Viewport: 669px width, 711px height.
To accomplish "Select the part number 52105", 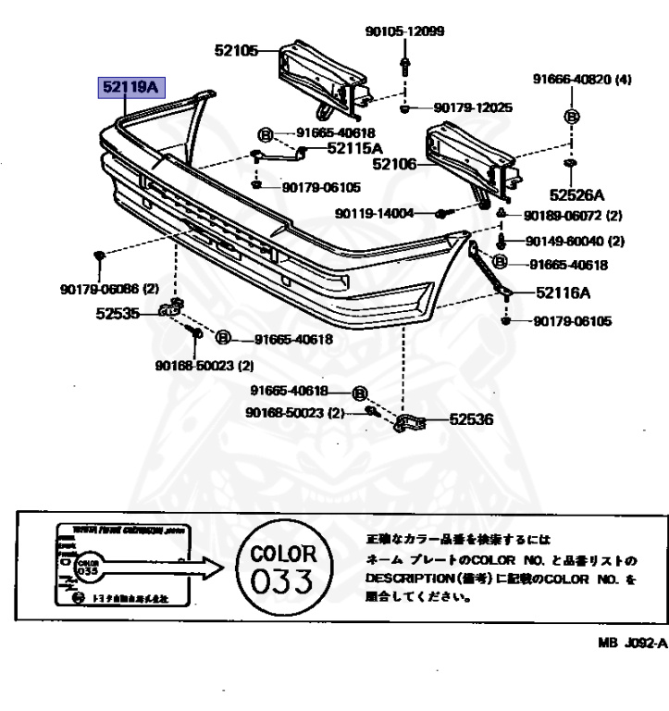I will [x=237, y=52].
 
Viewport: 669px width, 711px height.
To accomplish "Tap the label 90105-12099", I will [x=404, y=31].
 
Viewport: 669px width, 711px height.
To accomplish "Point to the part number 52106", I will [x=393, y=165].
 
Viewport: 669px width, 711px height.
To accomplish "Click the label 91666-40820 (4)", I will [x=581, y=80].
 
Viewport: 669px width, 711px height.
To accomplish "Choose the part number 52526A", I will [x=576, y=195].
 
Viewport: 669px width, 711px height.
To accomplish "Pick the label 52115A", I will [x=354, y=148].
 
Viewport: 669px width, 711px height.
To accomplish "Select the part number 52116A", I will [x=562, y=293].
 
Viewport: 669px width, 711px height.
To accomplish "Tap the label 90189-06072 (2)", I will [x=573, y=216].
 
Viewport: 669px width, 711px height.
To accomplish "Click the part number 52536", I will [x=472, y=420].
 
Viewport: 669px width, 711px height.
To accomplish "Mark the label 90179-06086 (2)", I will [x=98, y=289].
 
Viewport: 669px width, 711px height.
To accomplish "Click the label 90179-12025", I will [x=473, y=108].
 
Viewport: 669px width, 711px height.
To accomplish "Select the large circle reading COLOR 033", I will [x=283, y=568].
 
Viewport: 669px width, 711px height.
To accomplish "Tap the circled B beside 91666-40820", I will [x=571, y=117].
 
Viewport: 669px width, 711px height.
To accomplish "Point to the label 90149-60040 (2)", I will [x=575, y=242].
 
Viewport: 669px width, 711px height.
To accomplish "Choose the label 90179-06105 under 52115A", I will [x=321, y=187].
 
